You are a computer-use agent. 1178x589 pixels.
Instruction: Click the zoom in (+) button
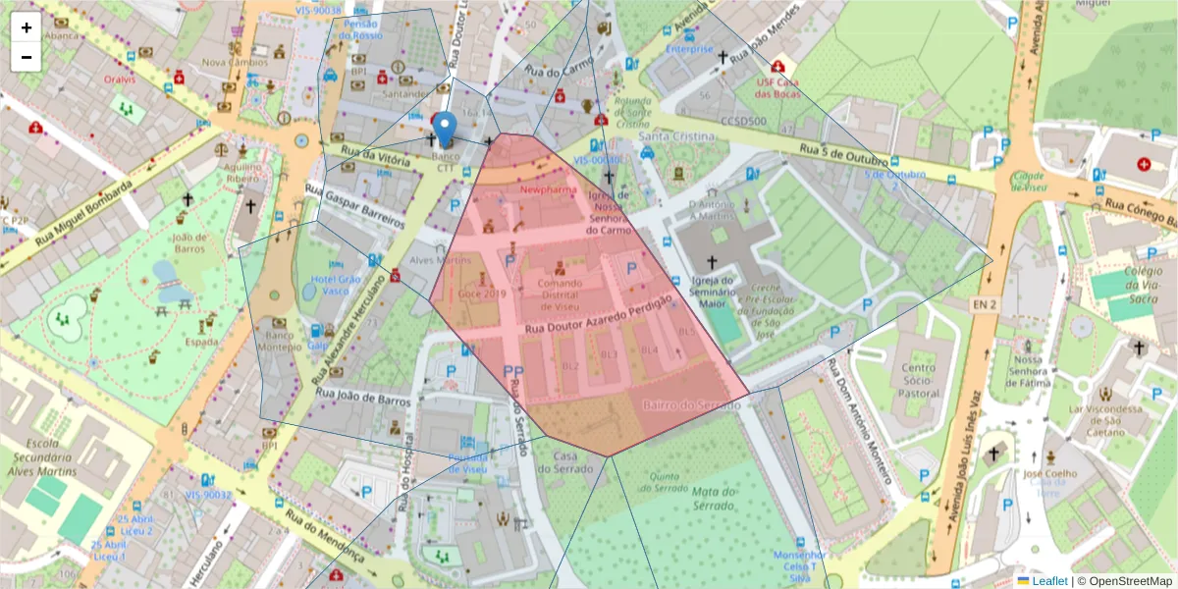[x=27, y=27]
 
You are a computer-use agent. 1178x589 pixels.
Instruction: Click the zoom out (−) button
[x=27, y=57]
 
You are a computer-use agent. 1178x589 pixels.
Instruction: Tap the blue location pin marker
[x=445, y=130]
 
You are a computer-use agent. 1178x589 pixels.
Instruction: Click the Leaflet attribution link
[x=1048, y=581]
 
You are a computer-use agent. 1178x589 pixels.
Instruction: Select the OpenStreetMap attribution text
[x=1124, y=581]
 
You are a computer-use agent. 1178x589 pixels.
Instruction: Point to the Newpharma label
[x=548, y=188]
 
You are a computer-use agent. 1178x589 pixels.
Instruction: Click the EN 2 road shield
[x=985, y=305]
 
